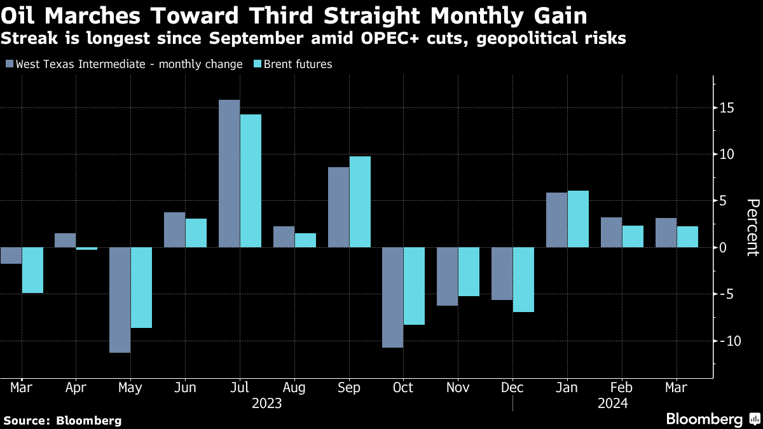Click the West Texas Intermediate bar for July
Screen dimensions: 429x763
pyautogui.click(x=230, y=174)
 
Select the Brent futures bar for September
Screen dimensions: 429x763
pyautogui.click(x=360, y=201)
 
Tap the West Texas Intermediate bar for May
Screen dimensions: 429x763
pyautogui.click(x=120, y=300)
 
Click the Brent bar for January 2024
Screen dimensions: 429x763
pyautogui.click(x=578, y=219)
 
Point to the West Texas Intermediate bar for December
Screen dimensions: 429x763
pyautogui.click(x=502, y=273)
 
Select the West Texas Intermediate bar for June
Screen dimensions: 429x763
pyautogui.click(x=175, y=229)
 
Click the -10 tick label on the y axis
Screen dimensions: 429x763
pyautogui.click(x=725, y=341)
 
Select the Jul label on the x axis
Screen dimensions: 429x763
pyautogui.click(x=240, y=388)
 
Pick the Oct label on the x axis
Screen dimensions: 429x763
pyautogui.click(x=403, y=388)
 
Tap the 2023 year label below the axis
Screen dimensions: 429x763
pyautogui.click(x=267, y=404)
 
